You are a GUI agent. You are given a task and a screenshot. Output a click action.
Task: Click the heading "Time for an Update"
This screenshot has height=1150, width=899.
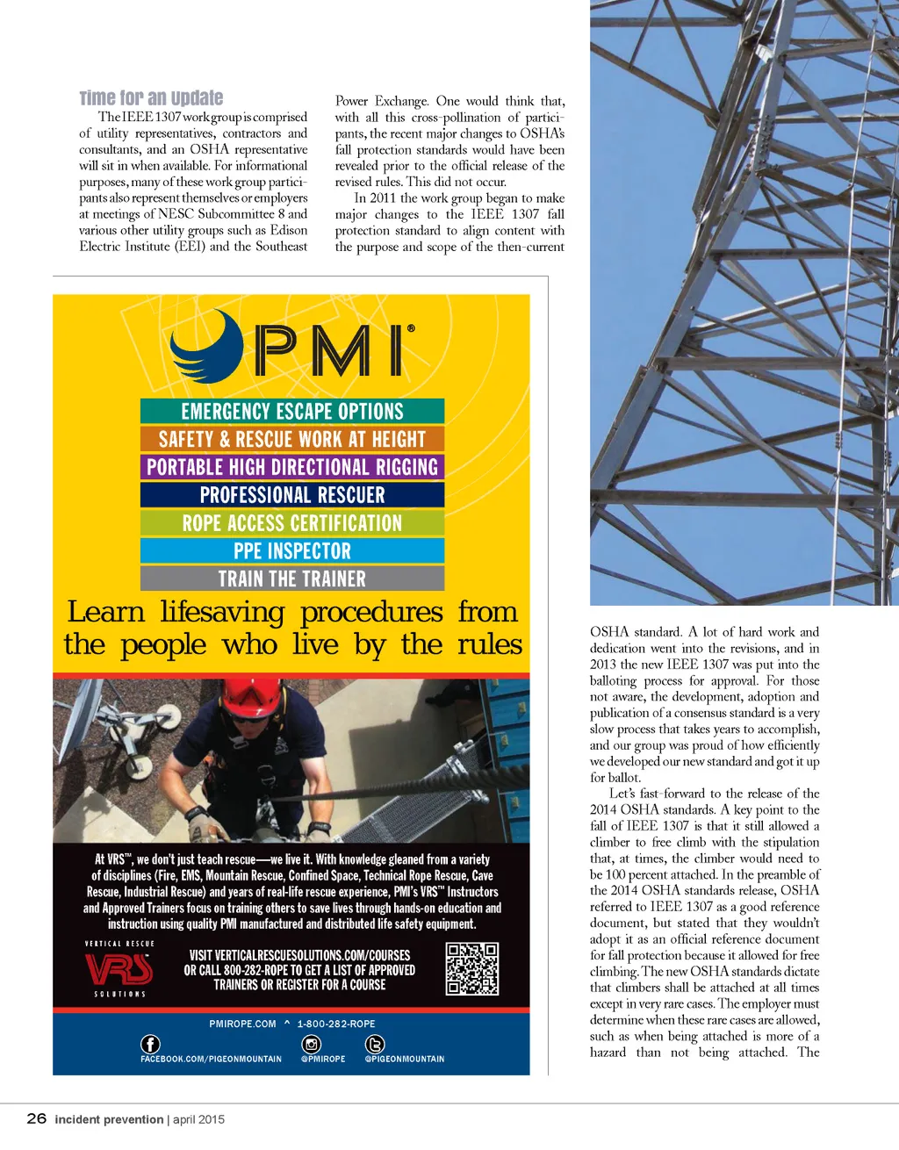tap(151, 98)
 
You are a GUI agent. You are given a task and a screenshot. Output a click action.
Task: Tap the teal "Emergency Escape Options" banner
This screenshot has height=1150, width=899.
tap(292, 411)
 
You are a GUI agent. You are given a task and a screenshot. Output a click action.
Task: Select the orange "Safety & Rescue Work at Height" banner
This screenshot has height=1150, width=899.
tap(292, 439)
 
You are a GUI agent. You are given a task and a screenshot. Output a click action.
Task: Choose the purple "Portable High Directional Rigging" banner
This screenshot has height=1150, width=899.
tap(292, 467)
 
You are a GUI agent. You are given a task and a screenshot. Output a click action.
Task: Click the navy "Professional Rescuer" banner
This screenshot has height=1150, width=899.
tap(292, 495)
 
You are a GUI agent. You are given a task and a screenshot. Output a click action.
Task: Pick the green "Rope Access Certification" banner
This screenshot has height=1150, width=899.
tap(292, 523)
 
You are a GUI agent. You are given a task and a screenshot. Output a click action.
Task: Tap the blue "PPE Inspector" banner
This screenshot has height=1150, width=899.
tap(292, 551)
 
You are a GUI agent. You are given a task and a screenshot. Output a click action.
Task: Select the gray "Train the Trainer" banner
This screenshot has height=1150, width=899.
tap(292, 579)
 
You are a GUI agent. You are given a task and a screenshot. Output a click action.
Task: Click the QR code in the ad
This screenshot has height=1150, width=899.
tap(472, 969)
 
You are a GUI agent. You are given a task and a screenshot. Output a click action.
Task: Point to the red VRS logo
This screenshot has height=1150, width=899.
tap(119, 969)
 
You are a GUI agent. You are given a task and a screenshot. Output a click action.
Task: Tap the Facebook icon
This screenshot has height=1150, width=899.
tap(151, 1044)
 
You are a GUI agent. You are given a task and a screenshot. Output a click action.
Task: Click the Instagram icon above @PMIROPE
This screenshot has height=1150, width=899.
tap(312, 1044)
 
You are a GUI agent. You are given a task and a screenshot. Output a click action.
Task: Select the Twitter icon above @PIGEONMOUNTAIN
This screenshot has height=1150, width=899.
tap(375, 1044)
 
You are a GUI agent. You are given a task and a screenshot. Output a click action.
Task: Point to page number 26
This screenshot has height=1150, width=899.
tap(37, 1118)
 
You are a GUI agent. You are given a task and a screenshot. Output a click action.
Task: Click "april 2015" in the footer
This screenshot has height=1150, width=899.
tap(198, 1119)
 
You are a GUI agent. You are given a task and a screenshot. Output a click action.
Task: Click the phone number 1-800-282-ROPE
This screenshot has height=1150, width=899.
tap(336, 1024)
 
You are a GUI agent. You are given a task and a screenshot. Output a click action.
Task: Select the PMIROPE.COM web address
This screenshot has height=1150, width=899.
tap(242, 1024)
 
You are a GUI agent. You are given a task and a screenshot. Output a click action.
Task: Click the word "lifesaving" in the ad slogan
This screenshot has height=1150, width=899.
tap(222, 612)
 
